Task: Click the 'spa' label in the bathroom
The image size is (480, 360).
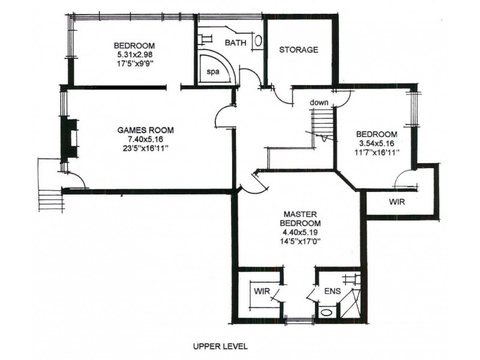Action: (212, 71)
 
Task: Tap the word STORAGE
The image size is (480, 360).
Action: (298, 50)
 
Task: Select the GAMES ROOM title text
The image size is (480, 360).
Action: (145, 130)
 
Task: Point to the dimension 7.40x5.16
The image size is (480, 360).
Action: (145, 139)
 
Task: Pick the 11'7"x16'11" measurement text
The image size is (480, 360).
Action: (377, 153)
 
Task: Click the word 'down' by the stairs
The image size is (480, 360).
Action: (319, 103)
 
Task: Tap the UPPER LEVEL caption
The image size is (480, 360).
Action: (220, 346)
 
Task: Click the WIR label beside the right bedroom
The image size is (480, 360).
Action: (396, 203)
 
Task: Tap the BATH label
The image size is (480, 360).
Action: (235, 43)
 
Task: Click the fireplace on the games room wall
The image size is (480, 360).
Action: (70, 139)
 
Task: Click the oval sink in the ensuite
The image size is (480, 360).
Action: (327, 313)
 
